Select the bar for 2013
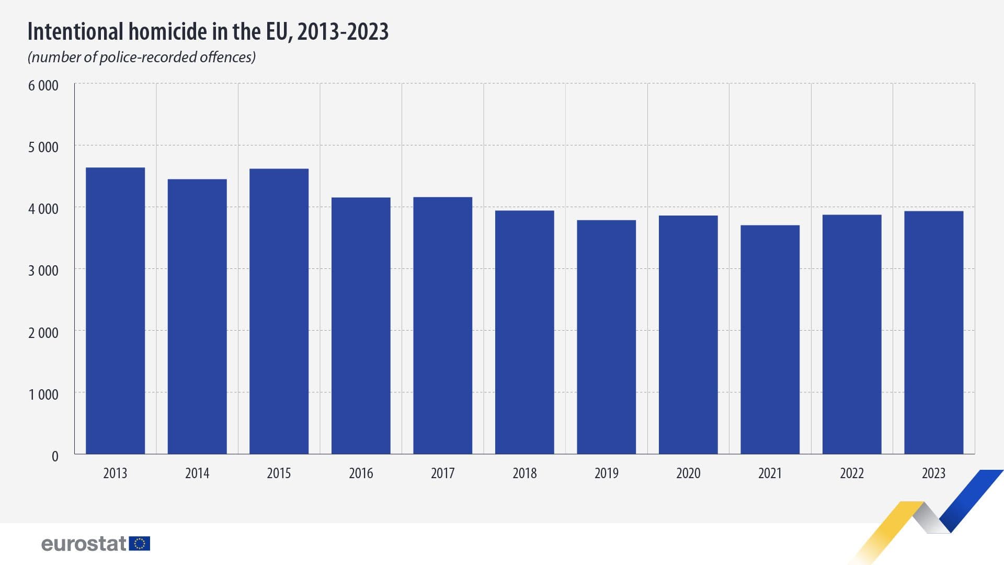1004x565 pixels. point(115,311)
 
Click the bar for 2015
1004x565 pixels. point(279,311)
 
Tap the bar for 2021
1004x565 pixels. point(770,340)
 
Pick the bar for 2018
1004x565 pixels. point(524,332)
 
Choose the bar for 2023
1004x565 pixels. point(933,332)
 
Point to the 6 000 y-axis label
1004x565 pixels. point(43,86)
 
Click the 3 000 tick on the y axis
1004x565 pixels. point(43,271)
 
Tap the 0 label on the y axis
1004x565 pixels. point(55,456)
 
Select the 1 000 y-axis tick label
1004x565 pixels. point(43,394)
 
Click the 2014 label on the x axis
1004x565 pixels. point(197,473)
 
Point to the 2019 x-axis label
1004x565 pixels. point(606,473)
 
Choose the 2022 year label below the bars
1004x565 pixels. point(852,473)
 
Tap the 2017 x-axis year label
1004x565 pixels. point(442,473)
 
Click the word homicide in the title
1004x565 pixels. point(168,31)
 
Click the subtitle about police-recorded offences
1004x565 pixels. point(142,57)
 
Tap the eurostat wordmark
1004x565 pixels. point(84,544)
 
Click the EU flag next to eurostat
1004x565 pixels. point(140,544)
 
